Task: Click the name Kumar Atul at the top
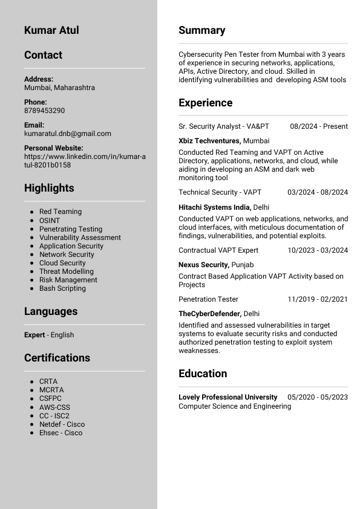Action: tap(51, 30)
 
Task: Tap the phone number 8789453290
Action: tap(44, 111)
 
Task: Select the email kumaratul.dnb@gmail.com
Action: tap(67, 134)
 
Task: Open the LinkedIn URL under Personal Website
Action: tap(85, 160)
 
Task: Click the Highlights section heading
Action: tap(49, 188)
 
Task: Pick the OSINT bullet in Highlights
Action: tap(50, 221)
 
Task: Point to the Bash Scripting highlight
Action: tap(62, 288)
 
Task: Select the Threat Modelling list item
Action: tap(67, 271)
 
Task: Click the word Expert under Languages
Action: tap(34, 335)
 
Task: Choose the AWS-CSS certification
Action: tap(54, 407)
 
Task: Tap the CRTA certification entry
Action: tap(48, 382)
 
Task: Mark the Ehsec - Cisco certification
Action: tap(61, 433)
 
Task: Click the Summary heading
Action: tap(201, 30)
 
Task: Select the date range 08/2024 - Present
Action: tap(319, 126)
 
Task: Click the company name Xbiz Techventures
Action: tap(209, 141)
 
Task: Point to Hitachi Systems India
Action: tap(214, 207)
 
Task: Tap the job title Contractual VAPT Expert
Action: tap(218, 250)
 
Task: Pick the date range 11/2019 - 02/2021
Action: tap(318, 299)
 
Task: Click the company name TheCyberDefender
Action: tap(209, 314)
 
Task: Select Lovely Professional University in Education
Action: tap(227, 397)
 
